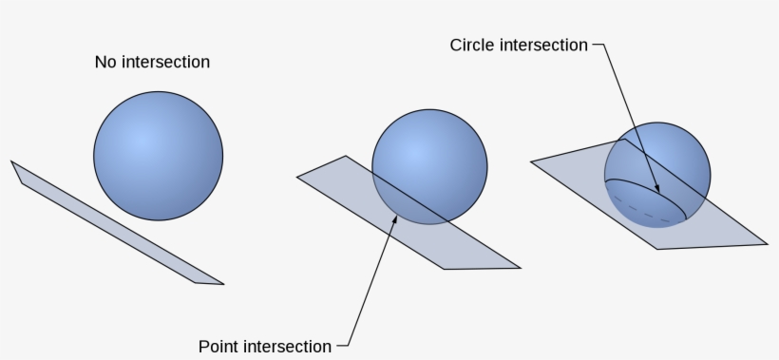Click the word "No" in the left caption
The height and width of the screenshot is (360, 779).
pyautogui.click(x=104, y=63)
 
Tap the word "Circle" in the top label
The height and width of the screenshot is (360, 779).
pyautogui.click(x=474, y=46)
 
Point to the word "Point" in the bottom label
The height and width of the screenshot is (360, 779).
pyautogui.click(x=218, y=346)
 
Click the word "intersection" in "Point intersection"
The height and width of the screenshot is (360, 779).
pyautogui.click(x=287, y=346)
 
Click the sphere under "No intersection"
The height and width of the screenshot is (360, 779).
pyautogui.click(x=158, y=155)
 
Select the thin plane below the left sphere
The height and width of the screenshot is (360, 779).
pyautogui.click(x=114, y=222)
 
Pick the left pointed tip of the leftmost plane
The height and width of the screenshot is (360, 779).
pyautogui.click(x=11, y=161)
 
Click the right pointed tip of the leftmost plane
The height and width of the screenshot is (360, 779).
pyautogui.click(x=223, y=283)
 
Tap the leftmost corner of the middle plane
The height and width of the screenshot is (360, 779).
pyautogui.click(x=297, y=176)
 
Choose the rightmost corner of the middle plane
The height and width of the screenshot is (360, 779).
pyautogui.click(x=521, y=267)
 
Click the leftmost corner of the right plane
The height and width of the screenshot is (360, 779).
pyautogui.click(x=531, y=161)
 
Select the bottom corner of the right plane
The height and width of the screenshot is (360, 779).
pyautogui.click(x=657, y=249)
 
